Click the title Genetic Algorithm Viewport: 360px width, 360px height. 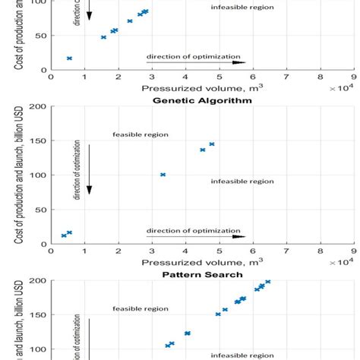pyautogui.click(x=202, y=100)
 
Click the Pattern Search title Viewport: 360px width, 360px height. pyautogui.click(x=202, y=274)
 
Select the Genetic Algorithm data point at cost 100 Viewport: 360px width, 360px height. pyautogui.click(x=163, y=175)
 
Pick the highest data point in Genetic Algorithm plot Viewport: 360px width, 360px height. pyautogui.click(x=212, y=144)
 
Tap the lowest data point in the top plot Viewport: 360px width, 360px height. pyautogui.click(x=69, y=58)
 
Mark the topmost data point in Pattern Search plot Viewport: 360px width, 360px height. pyautogui.click(x=267, y=282)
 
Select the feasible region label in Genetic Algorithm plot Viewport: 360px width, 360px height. pyautogui.click(x=141, y=134)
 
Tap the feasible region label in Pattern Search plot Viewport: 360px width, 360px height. pyautogui.click(x=141, y=309)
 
